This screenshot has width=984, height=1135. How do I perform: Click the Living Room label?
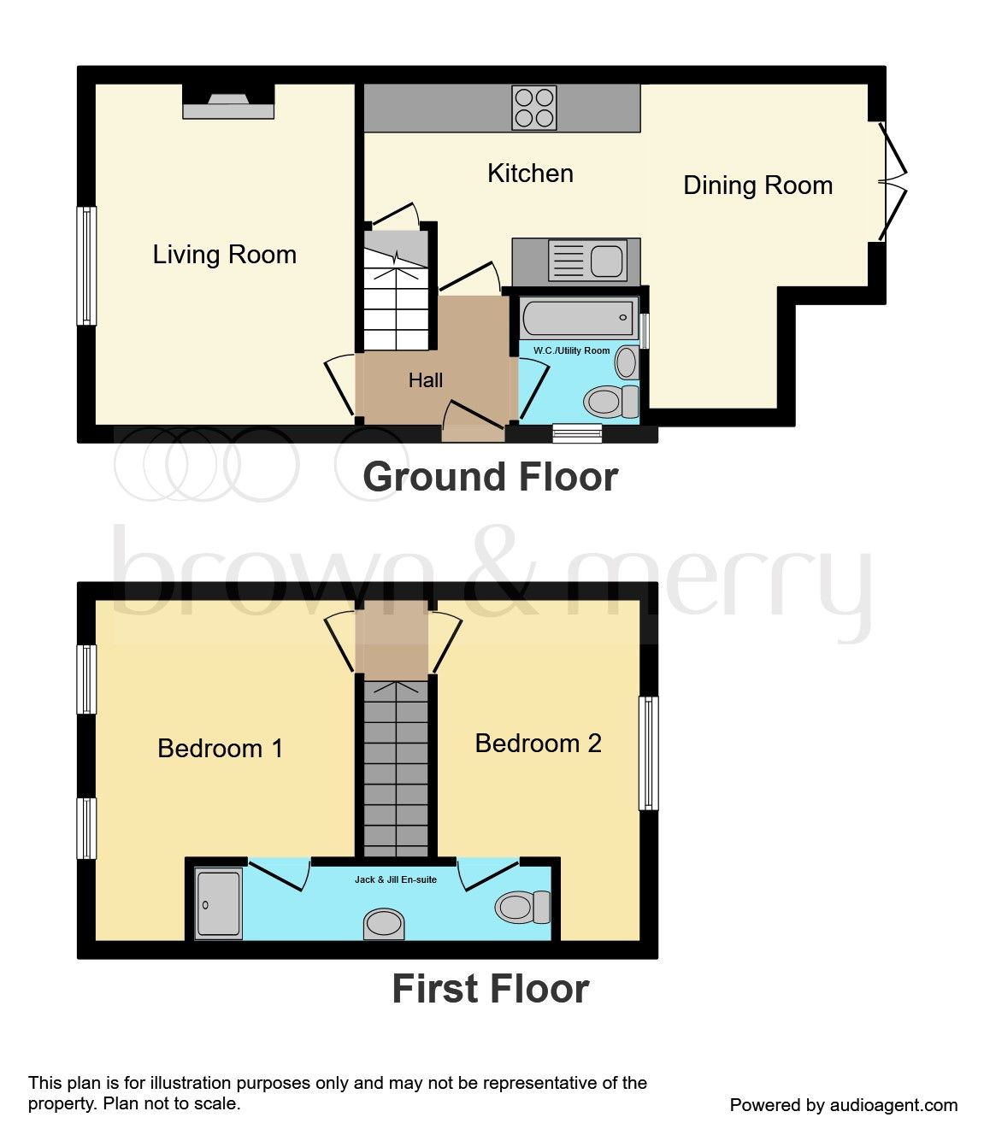point(224,255)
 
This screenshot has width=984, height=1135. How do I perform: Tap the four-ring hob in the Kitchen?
point(534,108)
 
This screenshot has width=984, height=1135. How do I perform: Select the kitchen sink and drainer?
point(587,261)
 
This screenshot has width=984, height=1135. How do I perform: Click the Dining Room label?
point(757,185)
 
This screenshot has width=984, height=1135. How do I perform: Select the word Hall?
point(426,380)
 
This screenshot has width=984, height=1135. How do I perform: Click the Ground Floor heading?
point(490,477)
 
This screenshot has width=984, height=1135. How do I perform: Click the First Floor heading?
point(490,989)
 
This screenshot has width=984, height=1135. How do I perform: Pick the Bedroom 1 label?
point(220,749)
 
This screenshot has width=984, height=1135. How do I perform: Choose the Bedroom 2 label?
point(538,744)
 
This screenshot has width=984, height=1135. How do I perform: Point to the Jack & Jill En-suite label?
point(396,879)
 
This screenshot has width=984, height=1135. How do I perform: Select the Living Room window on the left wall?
point(86,266)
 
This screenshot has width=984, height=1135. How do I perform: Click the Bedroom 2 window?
point(649,753)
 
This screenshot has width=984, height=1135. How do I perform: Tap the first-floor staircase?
point(396,769)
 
